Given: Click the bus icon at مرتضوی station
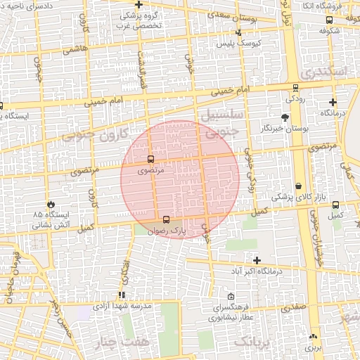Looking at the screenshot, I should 150,159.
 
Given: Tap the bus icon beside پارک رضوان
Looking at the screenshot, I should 166,219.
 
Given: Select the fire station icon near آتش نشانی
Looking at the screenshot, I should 51,203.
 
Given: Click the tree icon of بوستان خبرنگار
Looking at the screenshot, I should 285,117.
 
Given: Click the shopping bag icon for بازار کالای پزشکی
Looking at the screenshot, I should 299,186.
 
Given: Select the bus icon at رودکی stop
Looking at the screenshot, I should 295,89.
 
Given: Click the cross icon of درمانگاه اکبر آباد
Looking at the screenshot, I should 257,260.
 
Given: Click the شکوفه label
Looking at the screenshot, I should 329,31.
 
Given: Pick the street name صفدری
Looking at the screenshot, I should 294,307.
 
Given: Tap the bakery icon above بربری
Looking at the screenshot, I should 312,337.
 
